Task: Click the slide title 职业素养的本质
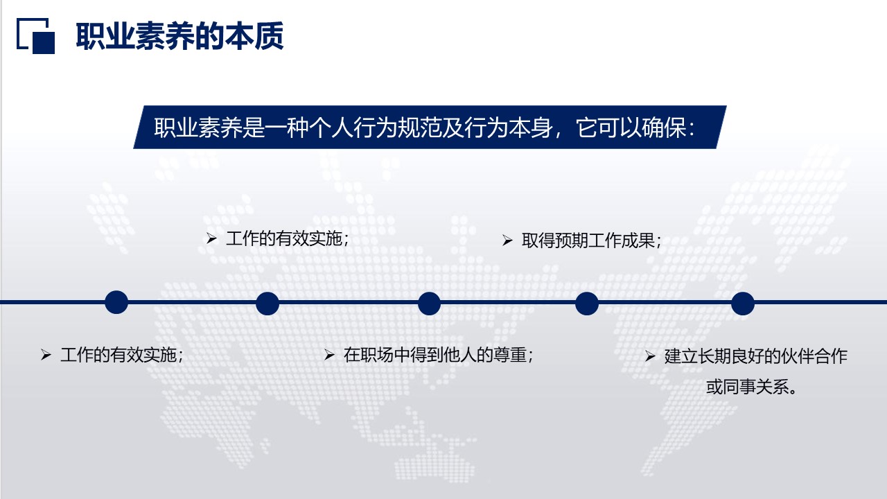pyautogui.click(x=179, y=37)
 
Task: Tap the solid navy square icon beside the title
pyautogui.click(x=44, y=42)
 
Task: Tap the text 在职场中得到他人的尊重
pyautogui.click(x=435, y=356)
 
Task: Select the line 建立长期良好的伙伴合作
pyautogui.click(x=755, y=357)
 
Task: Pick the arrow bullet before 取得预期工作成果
pyautogui.click(x=507, y=240)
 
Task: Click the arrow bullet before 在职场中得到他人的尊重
pyautogui.click(x=329, y=356)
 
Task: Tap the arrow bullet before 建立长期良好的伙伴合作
pyautogui.click(x=650, y=357)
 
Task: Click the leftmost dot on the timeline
pyautogui.click(x=116, y=302)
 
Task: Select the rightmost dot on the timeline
pyautogui.click(x=742, y=303)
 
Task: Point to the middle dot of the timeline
pyautogui.click(x=429, y=303)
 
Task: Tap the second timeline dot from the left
pyautogui.click(x=267, y=303)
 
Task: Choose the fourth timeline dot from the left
pyautogui.click(x=586, y=303)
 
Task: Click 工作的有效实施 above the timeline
pyautogui.click(x=284, y=239)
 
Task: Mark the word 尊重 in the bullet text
pyautogui.click(x=510, y=356)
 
